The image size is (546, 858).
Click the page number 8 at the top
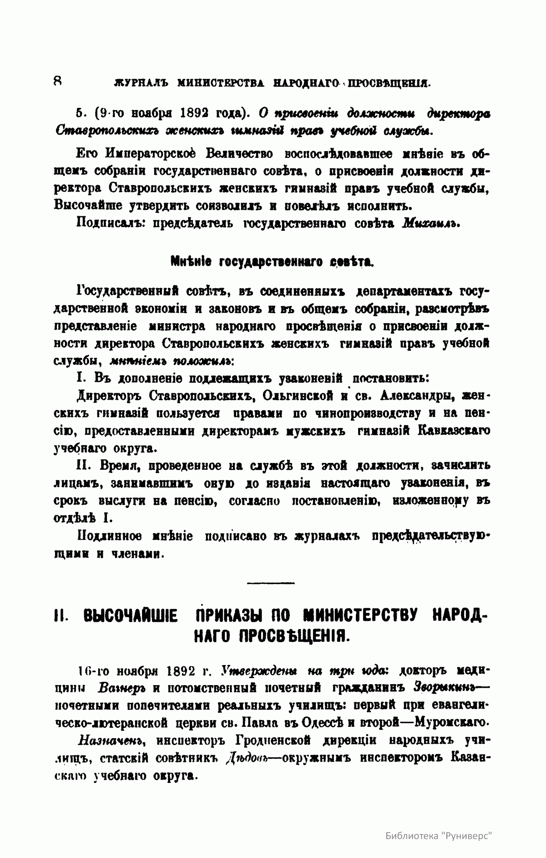point(58,81)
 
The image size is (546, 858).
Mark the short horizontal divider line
point(271,582)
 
